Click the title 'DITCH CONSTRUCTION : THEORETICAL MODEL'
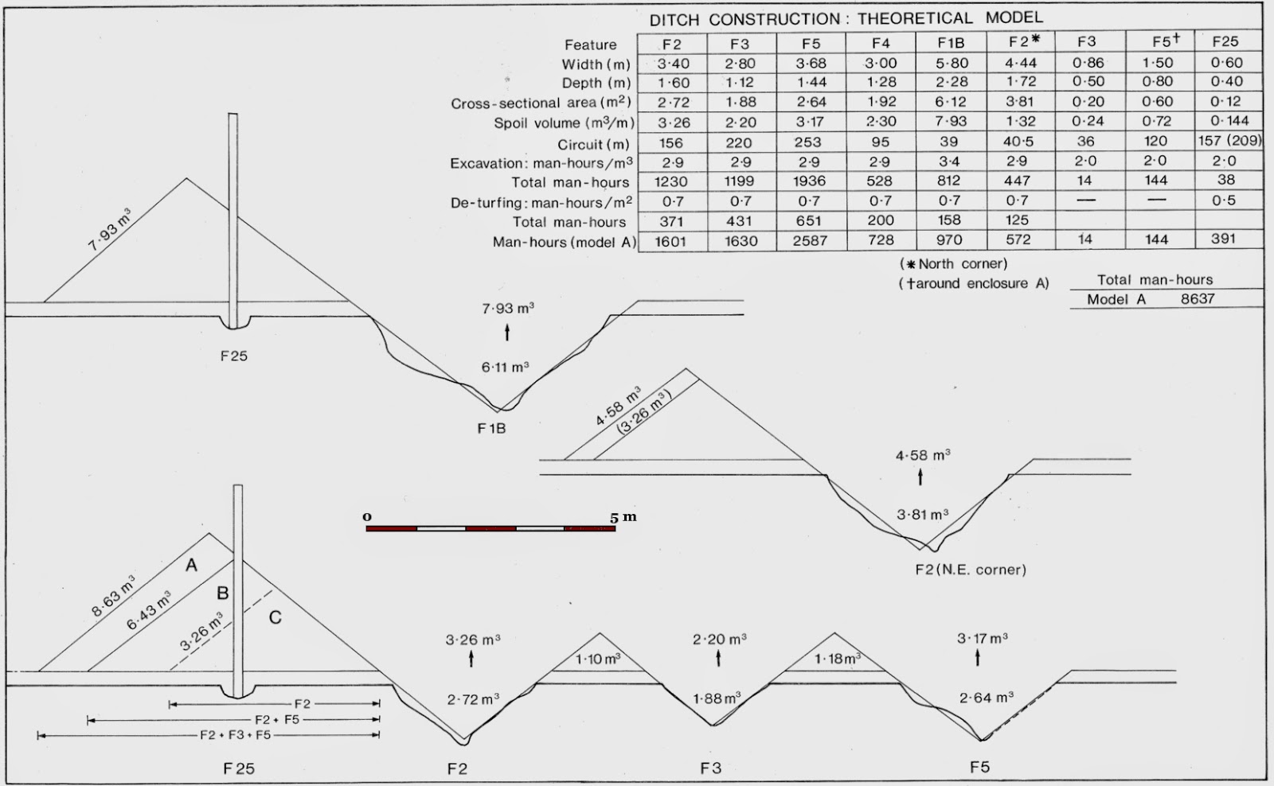point(846,19)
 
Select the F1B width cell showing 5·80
point(952,63)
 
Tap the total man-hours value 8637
point(1198,299)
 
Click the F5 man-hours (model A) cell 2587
point(810,240)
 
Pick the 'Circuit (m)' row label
point(594,144)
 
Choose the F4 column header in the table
point(881,43)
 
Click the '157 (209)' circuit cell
point(1229,140)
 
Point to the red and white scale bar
point(490,528)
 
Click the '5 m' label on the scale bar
point(623,517)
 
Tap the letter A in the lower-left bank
point(191,565)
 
